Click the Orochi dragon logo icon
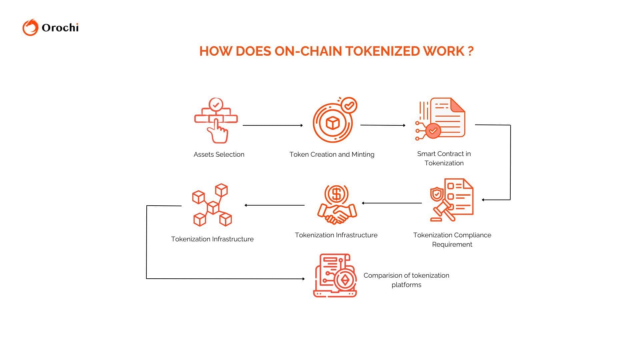coord(30,27)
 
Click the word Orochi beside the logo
coord(60,28)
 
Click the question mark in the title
coord(470,51)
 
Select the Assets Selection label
coord(219,154)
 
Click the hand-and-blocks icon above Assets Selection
coord(216,120)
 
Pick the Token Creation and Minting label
coord(332,154)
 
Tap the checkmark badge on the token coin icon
coord(349,106)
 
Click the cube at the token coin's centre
coord(332,123)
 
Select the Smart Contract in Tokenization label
coord(444,158)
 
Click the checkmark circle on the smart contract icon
coord(433,131)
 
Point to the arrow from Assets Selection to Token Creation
coord(272,125)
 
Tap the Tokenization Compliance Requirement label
coord(452,240)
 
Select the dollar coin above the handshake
coord(336,194)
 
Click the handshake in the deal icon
coord(337,214)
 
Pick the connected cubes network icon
coord(212,205)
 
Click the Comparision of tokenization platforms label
coord(406,280)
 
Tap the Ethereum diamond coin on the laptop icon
coord(345,280)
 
